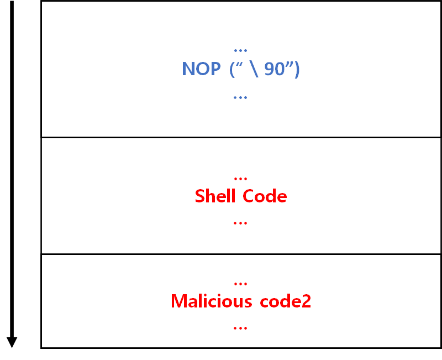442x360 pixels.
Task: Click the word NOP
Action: (201, 69)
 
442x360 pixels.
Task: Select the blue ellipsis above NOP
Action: (240, 50)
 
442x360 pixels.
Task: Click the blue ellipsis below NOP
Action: (240, 97)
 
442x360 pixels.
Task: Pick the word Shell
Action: (216, 196)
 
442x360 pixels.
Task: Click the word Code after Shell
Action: (265, 196)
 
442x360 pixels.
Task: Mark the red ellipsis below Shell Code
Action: (240, 223)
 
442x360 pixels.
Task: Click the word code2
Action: (283, 301)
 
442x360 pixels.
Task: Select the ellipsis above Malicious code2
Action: (240, 284)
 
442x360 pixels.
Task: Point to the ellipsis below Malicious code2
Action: (240, 328)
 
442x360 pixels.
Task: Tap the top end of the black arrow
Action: (12, 2)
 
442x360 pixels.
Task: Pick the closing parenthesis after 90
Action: (297, 70)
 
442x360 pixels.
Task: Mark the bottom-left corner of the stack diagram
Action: (41, 348)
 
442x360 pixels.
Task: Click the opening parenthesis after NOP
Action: (233, 70)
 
